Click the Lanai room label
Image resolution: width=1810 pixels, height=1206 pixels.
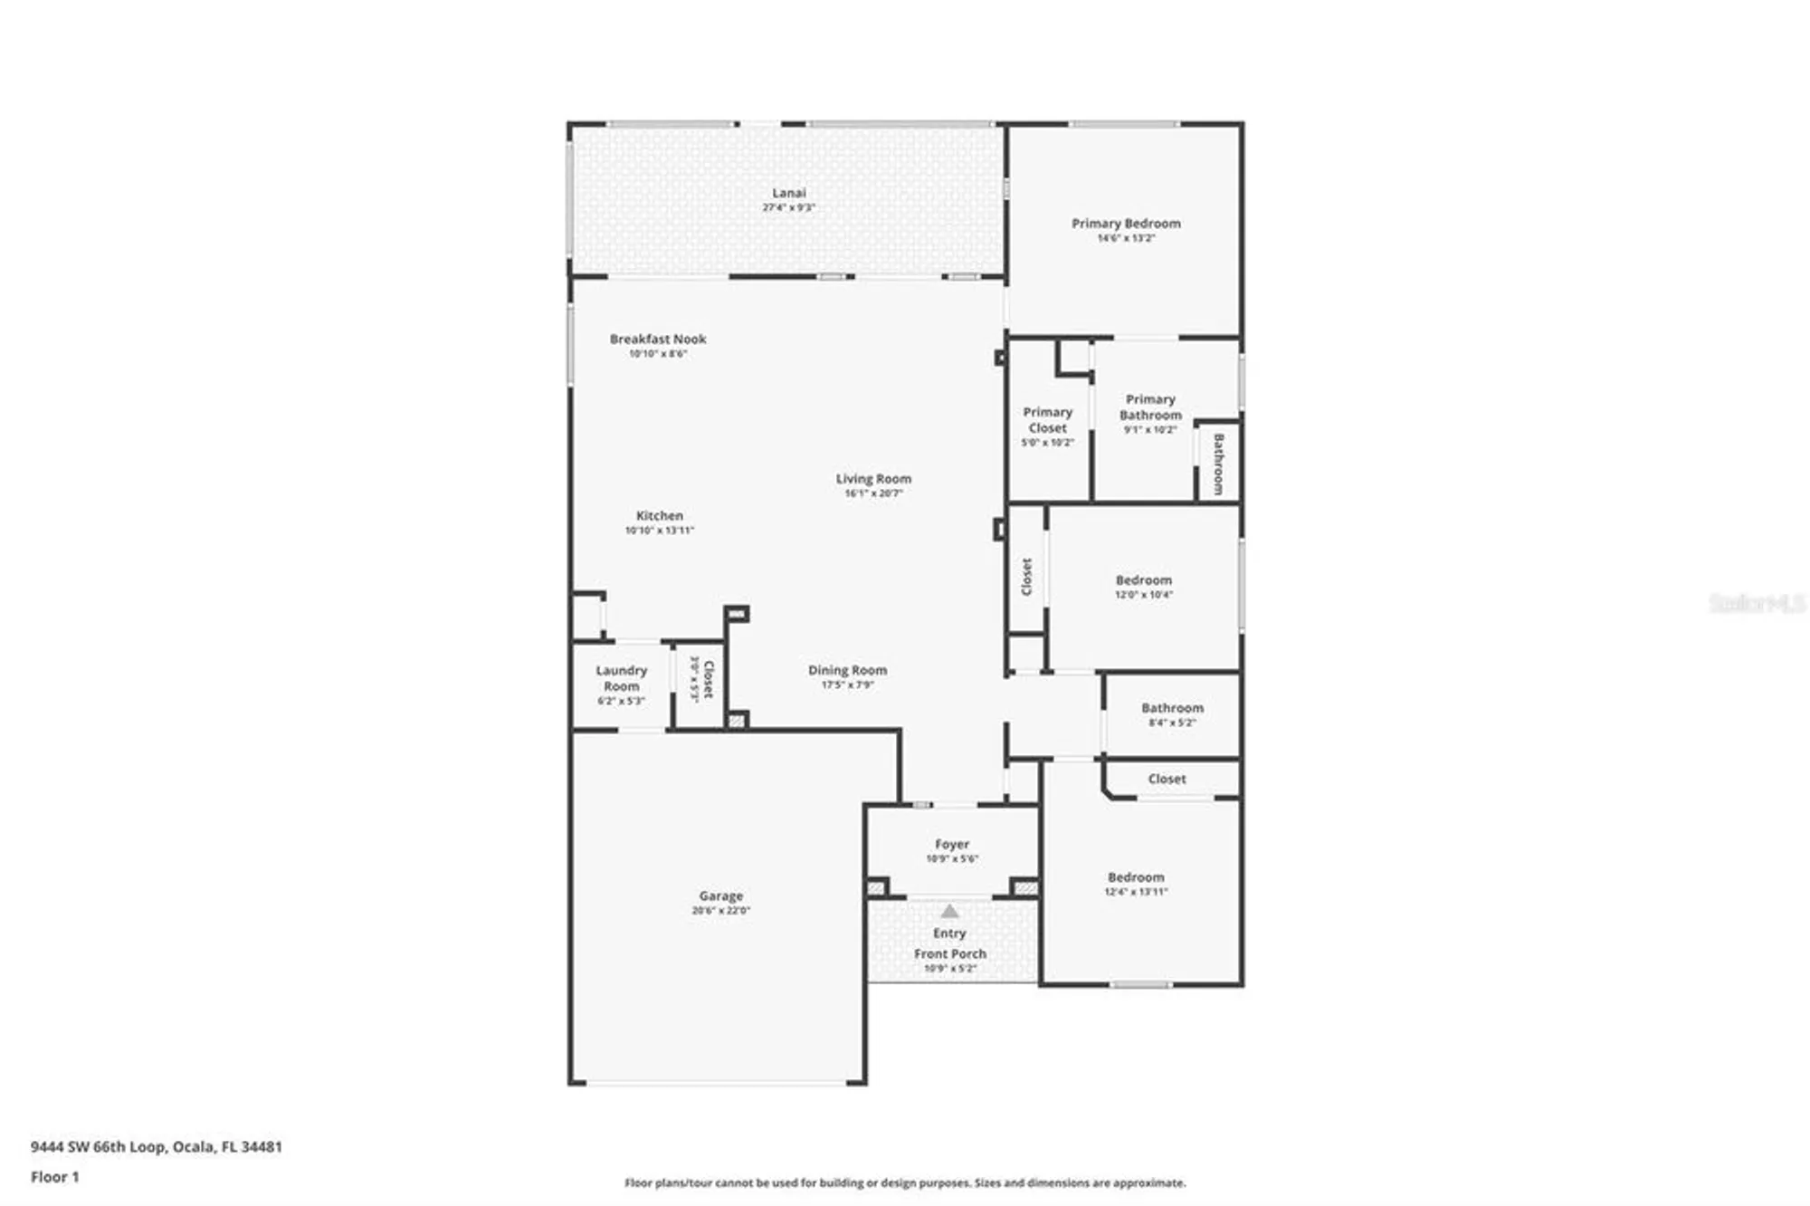pos(788,193)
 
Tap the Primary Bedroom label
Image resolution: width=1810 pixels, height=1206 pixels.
pos(1126,224)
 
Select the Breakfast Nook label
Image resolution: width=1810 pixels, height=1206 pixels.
pos(658,339)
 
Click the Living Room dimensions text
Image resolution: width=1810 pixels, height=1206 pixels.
pos(873,493)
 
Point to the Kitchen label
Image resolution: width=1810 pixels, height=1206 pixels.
pos(659,515)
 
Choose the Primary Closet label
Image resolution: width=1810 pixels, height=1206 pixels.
pos(1047,420)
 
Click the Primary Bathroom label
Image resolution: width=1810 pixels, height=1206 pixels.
pos(1150,407)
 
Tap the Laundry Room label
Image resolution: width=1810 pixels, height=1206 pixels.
pos(621,678)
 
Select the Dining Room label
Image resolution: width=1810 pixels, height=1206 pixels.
pos(847,670)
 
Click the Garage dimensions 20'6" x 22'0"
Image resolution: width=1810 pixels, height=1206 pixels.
pos(720,911)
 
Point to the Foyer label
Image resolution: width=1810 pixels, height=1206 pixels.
pos(952,844)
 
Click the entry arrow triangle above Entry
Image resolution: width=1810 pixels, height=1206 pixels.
pos(949,912)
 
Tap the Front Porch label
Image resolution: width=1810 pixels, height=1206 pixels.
pos(950,953)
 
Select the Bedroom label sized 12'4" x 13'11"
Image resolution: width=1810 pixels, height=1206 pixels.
pos(1136,877)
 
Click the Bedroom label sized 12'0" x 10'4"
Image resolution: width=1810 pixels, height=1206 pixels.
pos(1143,579)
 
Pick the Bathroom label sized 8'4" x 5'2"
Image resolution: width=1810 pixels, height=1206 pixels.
pos(1172,708)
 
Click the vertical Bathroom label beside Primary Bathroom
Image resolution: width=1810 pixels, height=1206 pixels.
pos(1218,464)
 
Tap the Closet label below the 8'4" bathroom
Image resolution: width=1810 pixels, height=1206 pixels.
pos(1167,779)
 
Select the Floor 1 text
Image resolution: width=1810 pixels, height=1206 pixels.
pos(55,1177)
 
